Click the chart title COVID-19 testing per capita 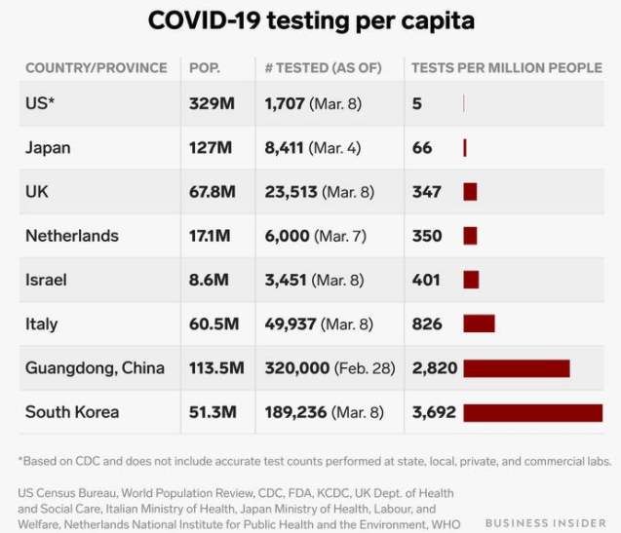coord(311,21)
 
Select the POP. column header coord(205,68)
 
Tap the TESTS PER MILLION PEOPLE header coord(507,68)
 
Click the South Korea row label coord(72,412)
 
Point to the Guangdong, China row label coord(96,368)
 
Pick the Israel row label coord(46,280)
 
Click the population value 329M coord(212,103)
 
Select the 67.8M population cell coord(213,192)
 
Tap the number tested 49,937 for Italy coord(291,324)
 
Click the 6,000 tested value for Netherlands coord(288,236)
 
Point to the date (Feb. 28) coord(365,368)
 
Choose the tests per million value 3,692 coord(434,412)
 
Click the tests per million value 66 coord(422,148)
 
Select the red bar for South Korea coord(533,413)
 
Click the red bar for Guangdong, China coord(517,368)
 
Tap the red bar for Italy coord(480,324)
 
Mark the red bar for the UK coord(470,192)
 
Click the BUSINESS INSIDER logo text coord(546,523)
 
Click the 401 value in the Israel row coord(426,280)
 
